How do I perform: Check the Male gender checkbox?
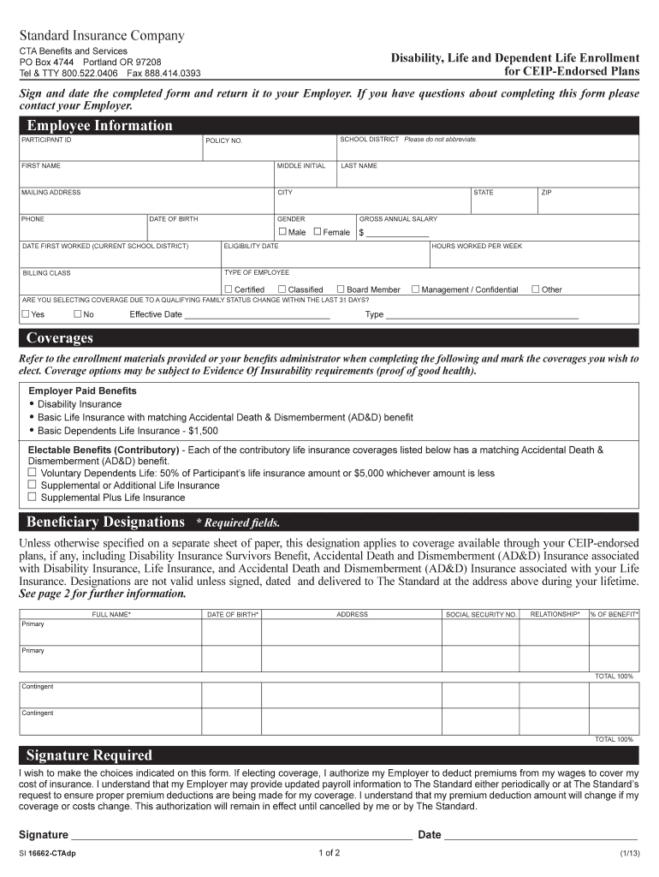tap(282, 232)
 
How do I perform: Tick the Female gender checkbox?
tap(318, 232)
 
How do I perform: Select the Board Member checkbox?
tap(341, 289)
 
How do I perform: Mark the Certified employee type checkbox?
tap(229, 289)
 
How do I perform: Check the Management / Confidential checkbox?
tap(416, 289)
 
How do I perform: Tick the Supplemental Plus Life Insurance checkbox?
tap(33, 497)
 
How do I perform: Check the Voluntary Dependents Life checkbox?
tap(33, 472)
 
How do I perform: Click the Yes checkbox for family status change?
tap(26, 314)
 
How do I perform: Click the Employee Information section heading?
tap(99, 126)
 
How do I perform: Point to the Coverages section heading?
tap(59, 337)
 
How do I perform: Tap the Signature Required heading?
tap(89, 755)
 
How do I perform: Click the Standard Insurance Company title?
tap(102, 36)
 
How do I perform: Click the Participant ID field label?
tap(46, 140)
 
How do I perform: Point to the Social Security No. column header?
tap(481, 614)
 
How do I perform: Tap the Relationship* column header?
tap(555, 614)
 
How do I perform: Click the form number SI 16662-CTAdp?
tap(47, 854)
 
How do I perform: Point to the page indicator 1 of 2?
tap(329, 853)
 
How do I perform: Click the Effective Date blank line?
tap(257, 314)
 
